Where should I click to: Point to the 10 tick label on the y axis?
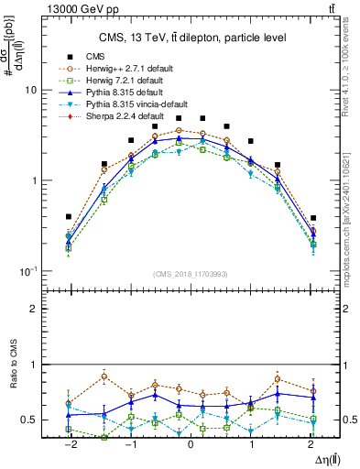click(29, 91)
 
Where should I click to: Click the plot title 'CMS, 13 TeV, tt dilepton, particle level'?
click(191, 38)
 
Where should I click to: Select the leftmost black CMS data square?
click(69, 217)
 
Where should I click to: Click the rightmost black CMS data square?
click(313, 219)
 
